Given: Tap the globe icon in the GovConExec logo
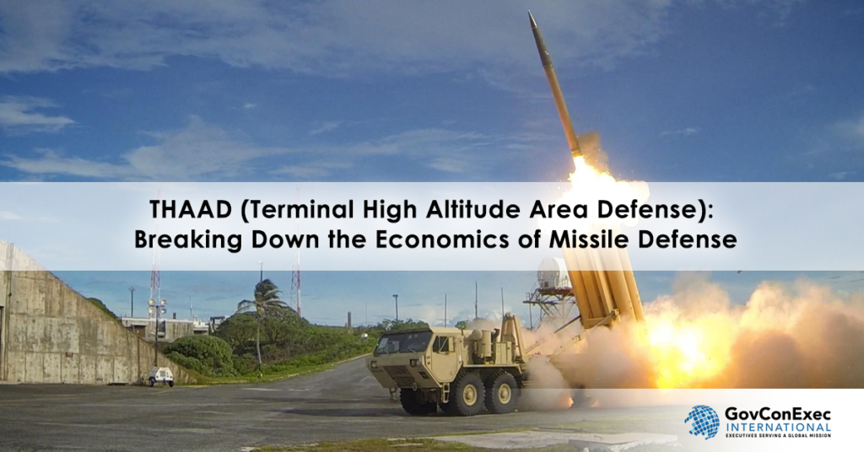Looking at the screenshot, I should [x=702, y=422].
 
